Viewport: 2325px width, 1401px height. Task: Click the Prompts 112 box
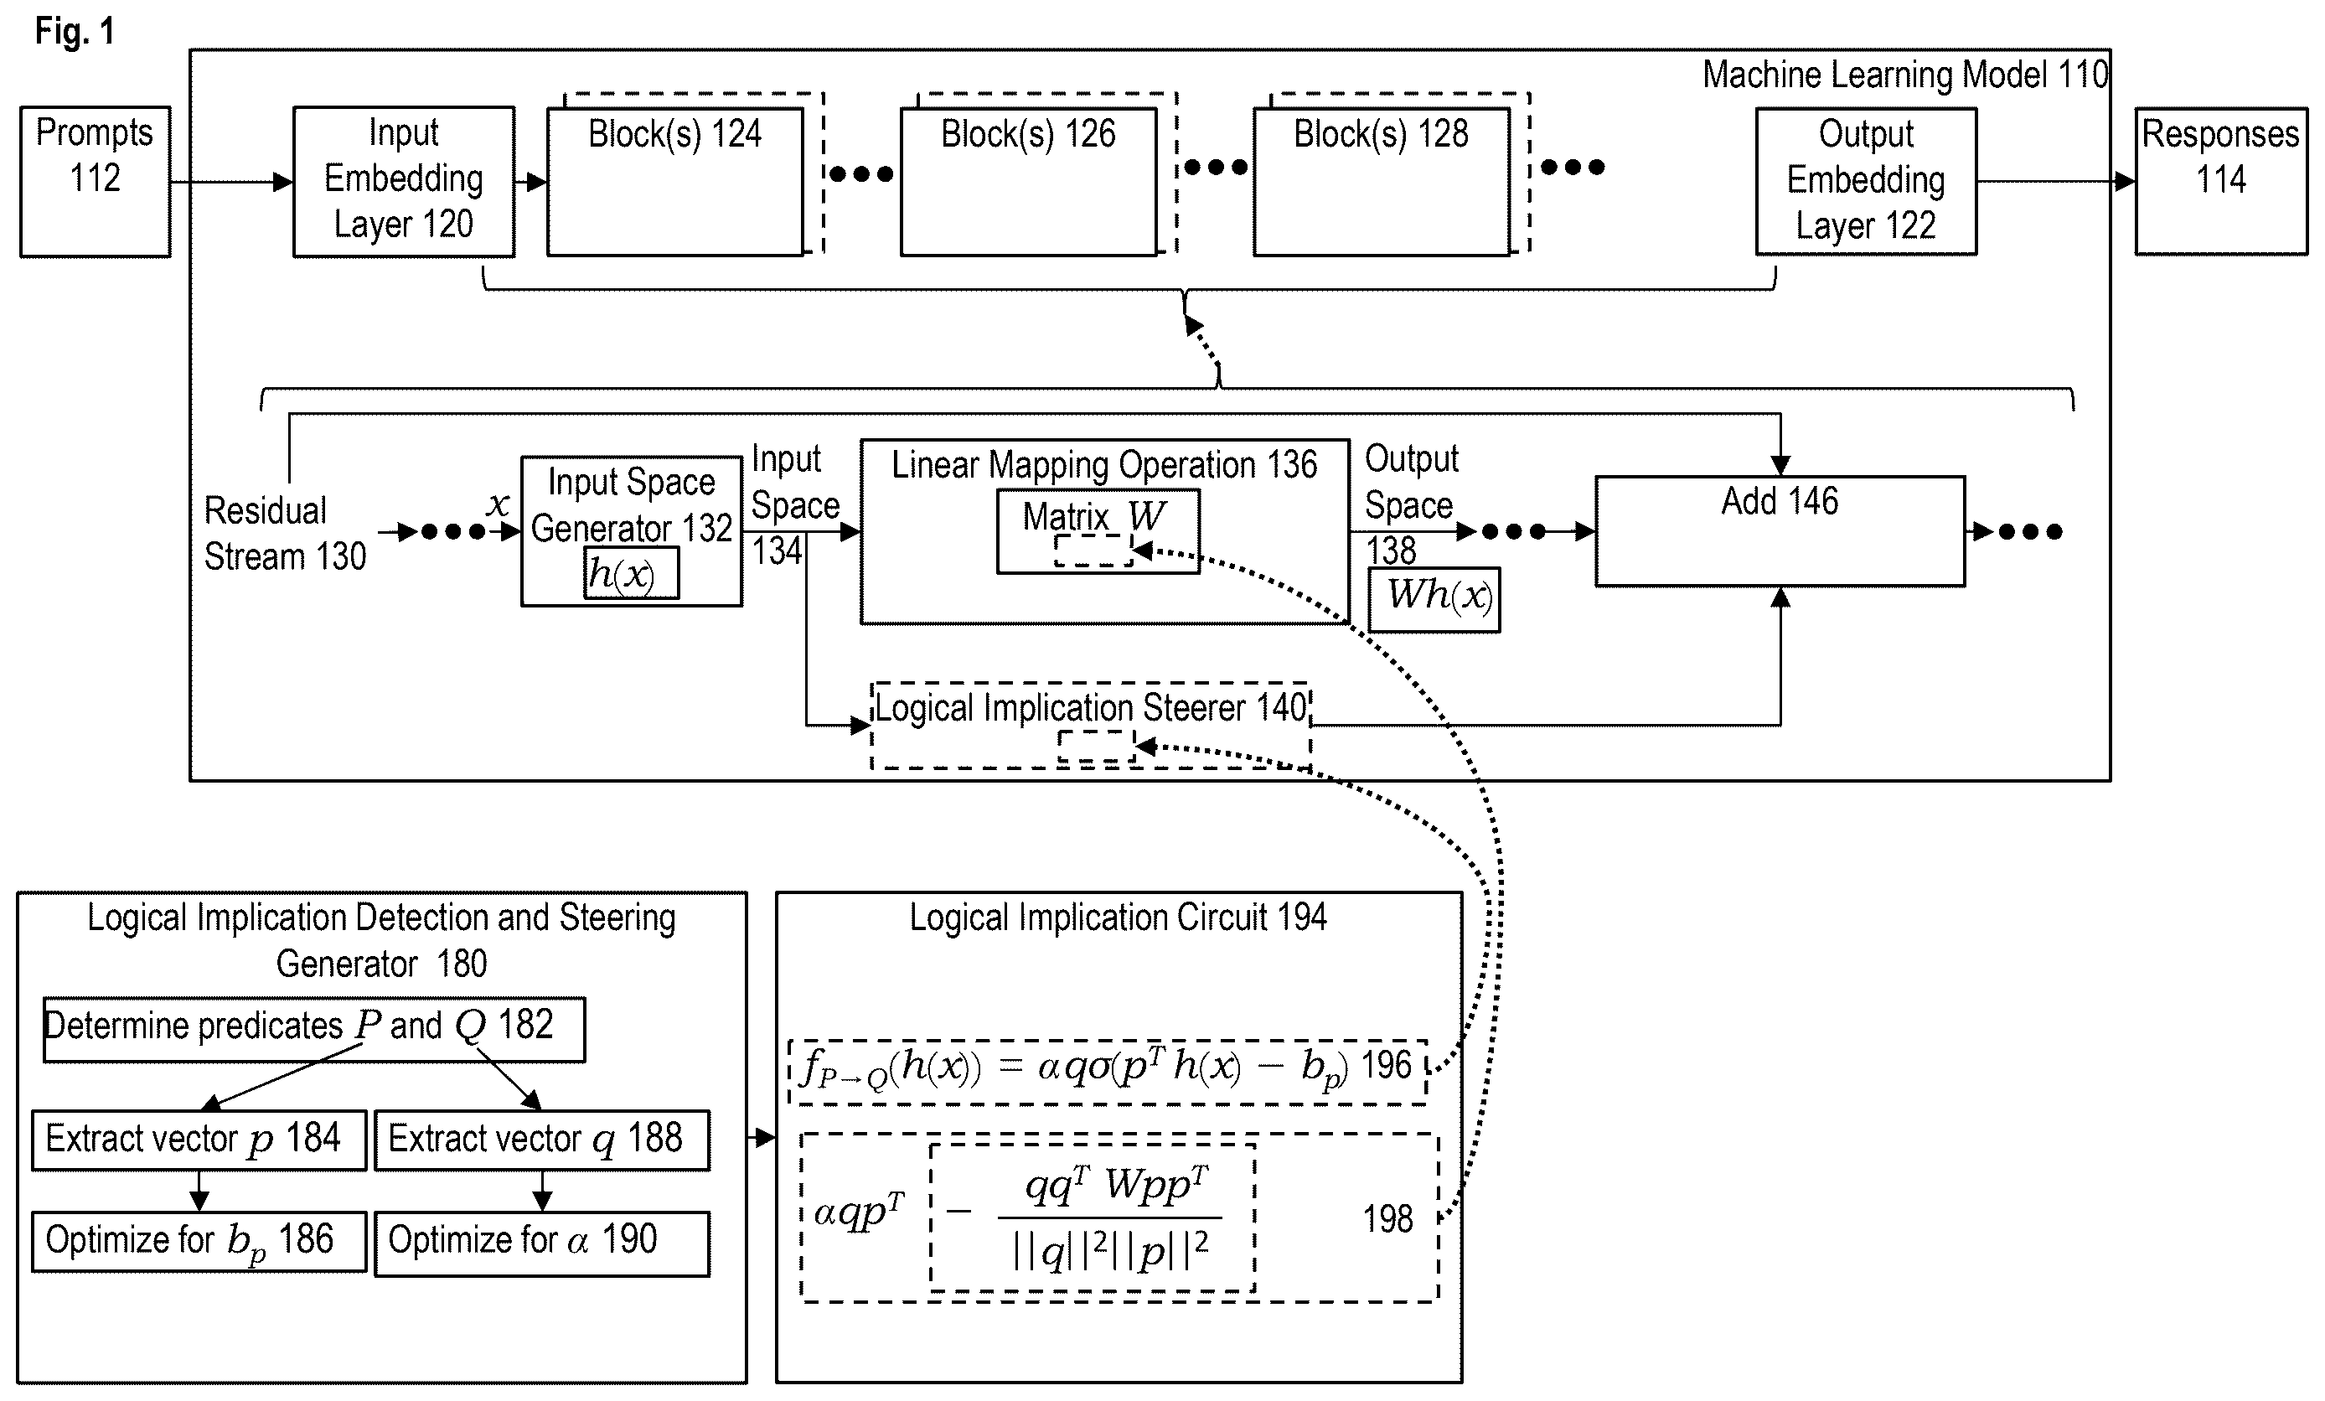96,181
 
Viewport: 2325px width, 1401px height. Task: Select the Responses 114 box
2221,181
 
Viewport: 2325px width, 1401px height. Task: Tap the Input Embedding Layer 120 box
404,181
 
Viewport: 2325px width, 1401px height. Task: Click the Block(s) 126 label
1029,134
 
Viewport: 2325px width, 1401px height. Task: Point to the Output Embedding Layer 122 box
1867,181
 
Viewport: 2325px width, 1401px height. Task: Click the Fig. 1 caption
75,31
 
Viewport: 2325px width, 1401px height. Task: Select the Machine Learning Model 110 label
1905,75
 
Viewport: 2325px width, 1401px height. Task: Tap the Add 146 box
1780,531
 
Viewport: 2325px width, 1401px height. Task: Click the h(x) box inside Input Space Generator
630,572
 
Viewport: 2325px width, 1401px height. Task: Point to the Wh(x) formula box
1434,599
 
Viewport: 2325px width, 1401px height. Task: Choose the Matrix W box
1098,531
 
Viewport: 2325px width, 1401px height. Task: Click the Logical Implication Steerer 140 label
1091,707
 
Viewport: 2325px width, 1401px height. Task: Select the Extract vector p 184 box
199,1140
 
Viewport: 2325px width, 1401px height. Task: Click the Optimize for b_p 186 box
199,1242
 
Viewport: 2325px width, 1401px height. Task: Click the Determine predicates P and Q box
314,1029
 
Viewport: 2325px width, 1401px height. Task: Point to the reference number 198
1388,1219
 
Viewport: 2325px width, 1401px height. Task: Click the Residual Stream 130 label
285,533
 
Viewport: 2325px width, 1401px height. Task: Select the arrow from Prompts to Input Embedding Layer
232,181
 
